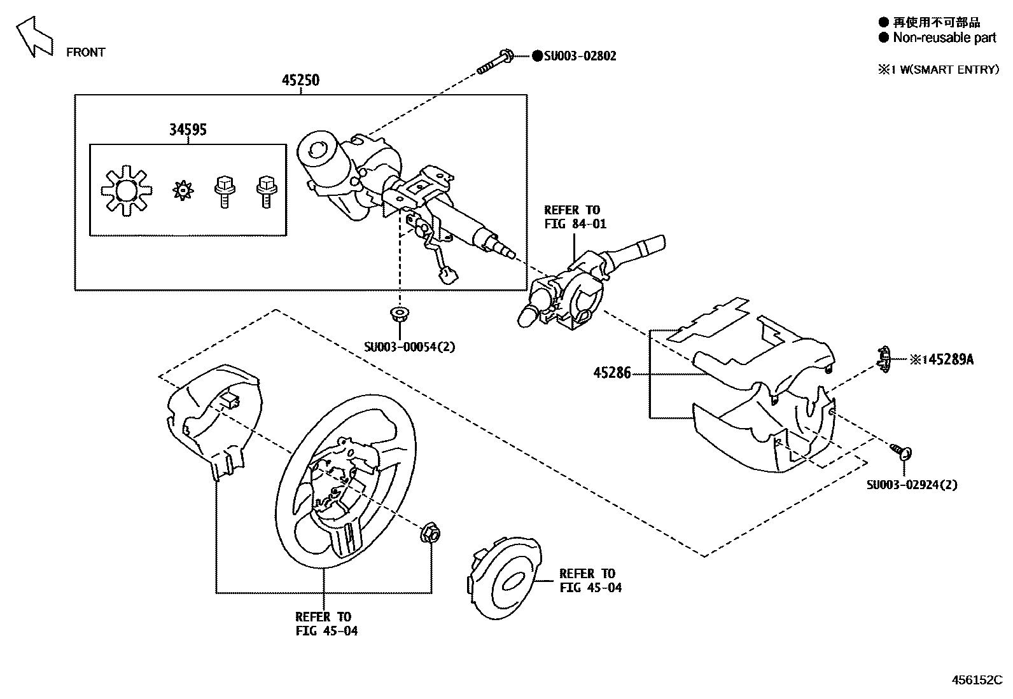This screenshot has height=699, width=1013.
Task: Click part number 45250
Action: click(x=300, y=80)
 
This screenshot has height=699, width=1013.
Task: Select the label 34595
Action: click(x=188, y=130)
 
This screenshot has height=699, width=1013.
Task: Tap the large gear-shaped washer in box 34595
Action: click(x=127, y=190)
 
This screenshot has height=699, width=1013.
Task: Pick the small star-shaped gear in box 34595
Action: click(x=183, y=190)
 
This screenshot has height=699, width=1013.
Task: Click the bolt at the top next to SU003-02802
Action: click(x=496, y=62)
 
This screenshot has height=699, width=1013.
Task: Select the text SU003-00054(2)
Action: click(x=409, y=347)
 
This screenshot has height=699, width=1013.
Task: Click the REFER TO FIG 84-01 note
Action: click(x=575, y=217)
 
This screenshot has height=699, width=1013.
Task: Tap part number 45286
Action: click(x=612, y=373)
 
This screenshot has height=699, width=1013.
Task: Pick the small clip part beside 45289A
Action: click(x=883, y=358)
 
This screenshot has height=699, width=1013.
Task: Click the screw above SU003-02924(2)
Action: click(x=902, y=452)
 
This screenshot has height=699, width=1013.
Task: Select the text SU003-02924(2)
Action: click(x=911, y=485)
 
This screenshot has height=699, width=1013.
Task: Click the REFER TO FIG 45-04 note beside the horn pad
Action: click(x=590, y=581)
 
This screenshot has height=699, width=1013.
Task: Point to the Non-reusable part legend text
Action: click(x=944, y=38)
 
